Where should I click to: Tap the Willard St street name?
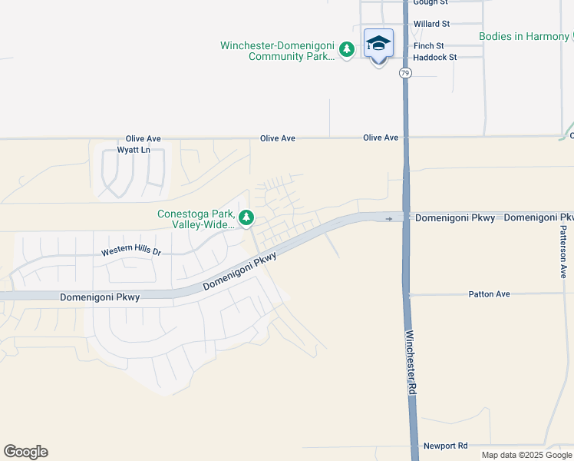pos(431,25)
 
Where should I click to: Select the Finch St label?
pos(428,46)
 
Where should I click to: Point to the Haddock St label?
pos(434,58)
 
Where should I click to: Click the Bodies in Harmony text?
pos(524,36)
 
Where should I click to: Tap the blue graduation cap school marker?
pos(378,44)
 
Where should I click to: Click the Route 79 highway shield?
pos(405,73)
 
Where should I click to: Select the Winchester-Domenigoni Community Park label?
pos(277,51)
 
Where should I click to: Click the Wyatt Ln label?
pos(134,150)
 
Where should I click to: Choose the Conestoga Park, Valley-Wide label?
pos(196,219)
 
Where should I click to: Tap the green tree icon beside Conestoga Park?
pos(246,218)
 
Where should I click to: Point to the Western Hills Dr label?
pos(131,252)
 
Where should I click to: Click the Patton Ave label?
pos(488,294)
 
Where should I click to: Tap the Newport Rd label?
pos(445,446)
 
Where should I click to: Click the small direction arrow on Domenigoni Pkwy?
pos(389,219)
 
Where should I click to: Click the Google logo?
pos(25,452)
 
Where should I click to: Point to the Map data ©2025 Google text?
pos(527,455)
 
